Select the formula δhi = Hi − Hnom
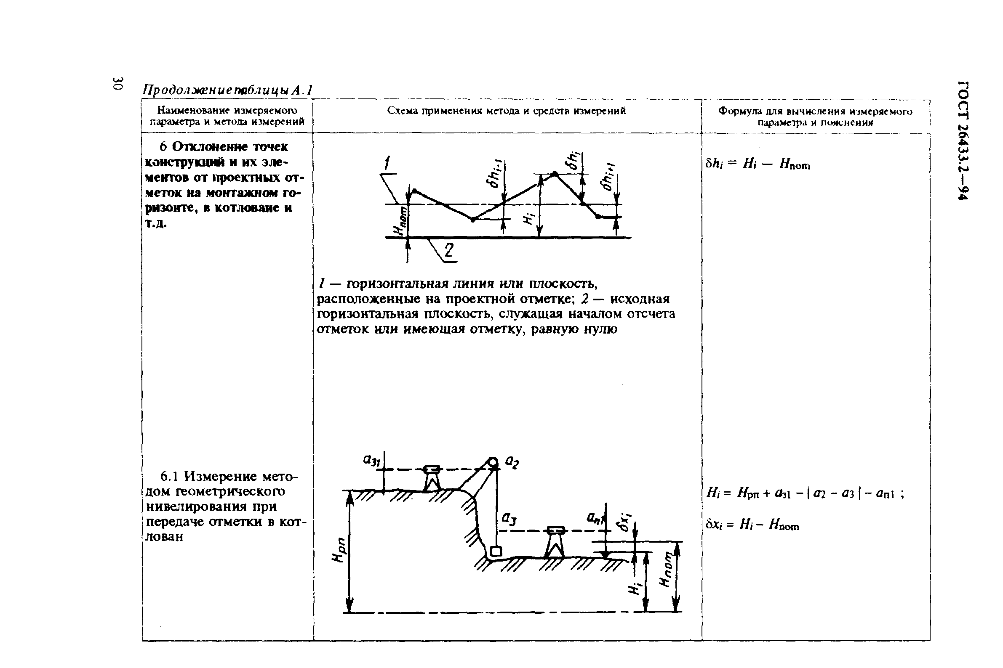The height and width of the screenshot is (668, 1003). pos(758,164)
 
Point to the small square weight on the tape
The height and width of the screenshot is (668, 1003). pos(495,552)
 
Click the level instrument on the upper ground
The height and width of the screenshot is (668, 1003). pos(432,479)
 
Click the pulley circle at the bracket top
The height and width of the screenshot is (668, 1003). pos(493,461)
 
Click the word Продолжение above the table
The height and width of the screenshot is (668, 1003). pos(188,90)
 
